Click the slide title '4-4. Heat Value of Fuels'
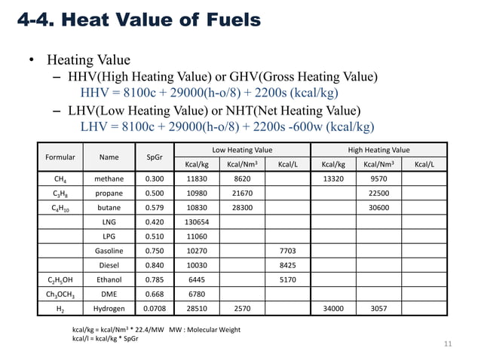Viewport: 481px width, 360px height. pyautogui.click(x=139, y=20)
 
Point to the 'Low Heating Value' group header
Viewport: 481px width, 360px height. pyautogui.click(x=242, y=150)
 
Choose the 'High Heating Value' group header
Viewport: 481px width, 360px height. pyautogui.click(x=379, y=150)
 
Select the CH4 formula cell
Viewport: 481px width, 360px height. pyautogui.click(x=60, y=180)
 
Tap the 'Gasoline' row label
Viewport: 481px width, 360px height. pyautogui.click(x=109, y=251)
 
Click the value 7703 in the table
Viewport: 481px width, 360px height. pyautogui.click(x=287, y=251)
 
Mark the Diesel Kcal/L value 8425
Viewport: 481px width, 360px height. pyautogui.click(x=287, y=265)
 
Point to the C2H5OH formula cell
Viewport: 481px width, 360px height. pyautogui.click(x=60, y=279)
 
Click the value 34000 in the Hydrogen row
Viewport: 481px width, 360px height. pyautogui.click(x=333, y=308)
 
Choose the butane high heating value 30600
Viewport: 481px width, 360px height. pyautogui.click(x=379, y=208)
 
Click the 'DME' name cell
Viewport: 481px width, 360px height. pyautogui.click(x=109, y=294)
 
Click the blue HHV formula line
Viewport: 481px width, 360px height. pyautogui.click(x=210, y=93)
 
